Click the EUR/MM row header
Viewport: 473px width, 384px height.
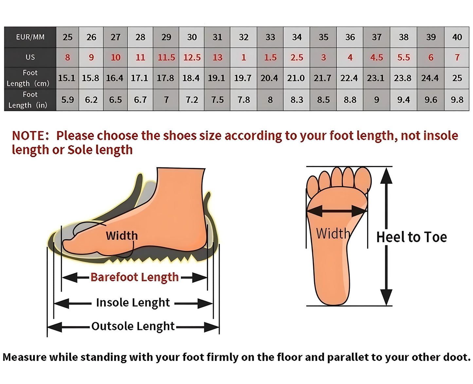pos(30,37)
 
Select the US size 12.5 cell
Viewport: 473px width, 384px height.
pos(191,58)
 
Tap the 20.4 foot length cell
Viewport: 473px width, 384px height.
pos(270,78)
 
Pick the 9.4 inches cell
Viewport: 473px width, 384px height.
pos(403,100)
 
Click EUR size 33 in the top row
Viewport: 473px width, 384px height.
pos(270,37)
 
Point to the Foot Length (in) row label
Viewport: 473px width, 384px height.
pos(30,100)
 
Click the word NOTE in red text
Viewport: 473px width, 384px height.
pos(29,136)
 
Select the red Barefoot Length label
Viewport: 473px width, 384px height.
pos(135,277)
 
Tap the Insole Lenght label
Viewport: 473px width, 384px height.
pos(133,303)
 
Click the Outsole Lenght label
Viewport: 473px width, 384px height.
pos(133,326)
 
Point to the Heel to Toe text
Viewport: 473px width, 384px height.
pos(411,237)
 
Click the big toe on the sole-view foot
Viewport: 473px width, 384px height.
pos(363,180)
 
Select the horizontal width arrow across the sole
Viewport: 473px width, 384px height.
pos(337,211)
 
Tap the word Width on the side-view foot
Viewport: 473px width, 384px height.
pos(122,236)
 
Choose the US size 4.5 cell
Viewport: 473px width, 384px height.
pos(377,58)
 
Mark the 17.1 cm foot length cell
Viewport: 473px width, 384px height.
pos(140,78)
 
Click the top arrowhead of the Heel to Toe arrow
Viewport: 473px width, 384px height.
pos(386,176)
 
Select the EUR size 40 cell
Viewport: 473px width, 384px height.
pos(457,37)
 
